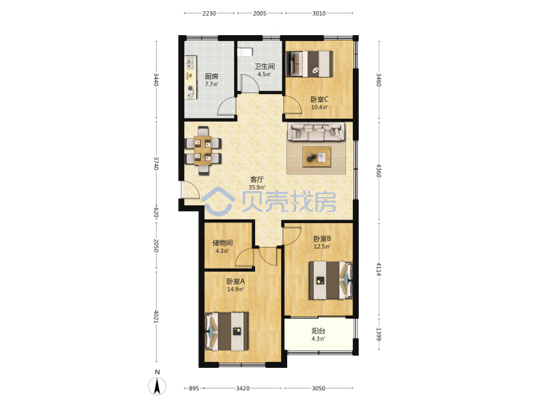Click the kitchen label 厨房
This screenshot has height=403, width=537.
[211, 76]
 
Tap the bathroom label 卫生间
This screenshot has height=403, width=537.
[264, 66]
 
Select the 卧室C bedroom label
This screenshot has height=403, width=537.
[319, 99]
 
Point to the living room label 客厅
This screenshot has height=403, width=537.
[257, 179]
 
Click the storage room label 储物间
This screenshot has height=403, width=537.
[222, 243]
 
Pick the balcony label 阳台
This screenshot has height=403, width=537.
[318, 331]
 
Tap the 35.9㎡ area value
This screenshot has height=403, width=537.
[257, 187]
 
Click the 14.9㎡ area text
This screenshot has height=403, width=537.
[235, 290]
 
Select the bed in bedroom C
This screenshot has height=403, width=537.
[310, 63]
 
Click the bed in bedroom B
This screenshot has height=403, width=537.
[330, 281]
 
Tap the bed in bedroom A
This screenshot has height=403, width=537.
[227, 331]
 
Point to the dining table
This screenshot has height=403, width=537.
[203, 151]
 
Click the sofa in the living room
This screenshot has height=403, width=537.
[316, 132]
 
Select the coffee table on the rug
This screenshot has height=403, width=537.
[316, 157]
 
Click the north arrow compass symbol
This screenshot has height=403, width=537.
[157, 387]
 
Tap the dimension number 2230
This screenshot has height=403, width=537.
[209, 13]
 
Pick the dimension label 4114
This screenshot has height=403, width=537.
[378, 269]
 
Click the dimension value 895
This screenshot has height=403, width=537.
[194, 388]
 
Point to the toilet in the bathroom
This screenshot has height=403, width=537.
[245, 51]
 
